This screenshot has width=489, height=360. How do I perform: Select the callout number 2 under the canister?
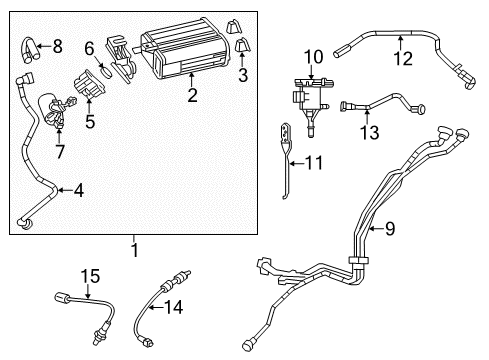point(191,96)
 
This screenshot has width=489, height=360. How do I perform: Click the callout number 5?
point(89,124)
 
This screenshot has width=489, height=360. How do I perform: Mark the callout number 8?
point(56,45)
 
